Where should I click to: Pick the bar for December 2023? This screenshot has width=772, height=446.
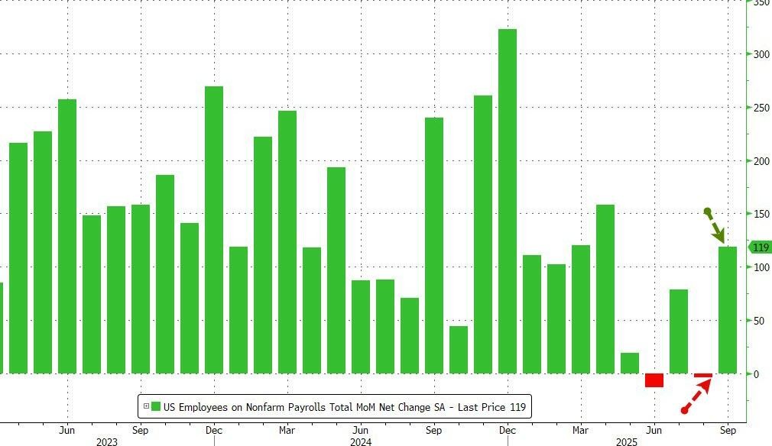tap(214, 229)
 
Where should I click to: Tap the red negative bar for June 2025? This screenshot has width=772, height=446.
tap(654, 380)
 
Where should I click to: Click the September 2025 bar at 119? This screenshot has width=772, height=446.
tap(728, 309)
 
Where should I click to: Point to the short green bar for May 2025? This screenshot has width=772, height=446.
tap(630, 363)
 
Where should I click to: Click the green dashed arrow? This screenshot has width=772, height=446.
tap(716, 226)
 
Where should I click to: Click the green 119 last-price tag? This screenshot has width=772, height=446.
tap(760, 247)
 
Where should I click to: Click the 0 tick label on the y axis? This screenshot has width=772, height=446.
tap(757, 374)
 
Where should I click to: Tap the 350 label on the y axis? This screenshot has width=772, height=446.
tap(761, 3)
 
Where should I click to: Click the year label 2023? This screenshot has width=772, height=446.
tap(107, 441)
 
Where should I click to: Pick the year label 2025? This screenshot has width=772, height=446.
tap(627, 441)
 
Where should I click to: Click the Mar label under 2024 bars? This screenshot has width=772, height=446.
tap(287, 430)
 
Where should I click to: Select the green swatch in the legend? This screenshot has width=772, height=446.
tap(156, 406)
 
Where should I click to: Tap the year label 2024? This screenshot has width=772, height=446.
tap(360, 441)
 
